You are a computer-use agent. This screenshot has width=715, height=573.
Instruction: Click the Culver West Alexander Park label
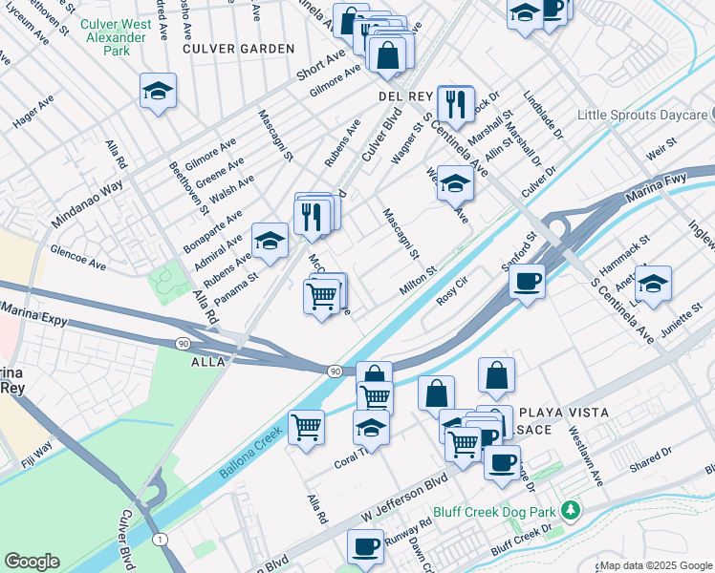pyautogui.click(x=118, y=36)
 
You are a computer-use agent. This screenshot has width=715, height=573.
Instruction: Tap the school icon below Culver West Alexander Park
pyautogui.click(x=159, y=92)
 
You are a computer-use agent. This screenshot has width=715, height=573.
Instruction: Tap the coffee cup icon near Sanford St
pyautogui.click(x=526, y=282)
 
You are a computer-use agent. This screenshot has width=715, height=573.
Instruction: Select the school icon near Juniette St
pyautogui.click(x=653, y=284)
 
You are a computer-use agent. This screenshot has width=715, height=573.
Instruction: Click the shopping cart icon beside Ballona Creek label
pyautogui.click(x=306, y=427)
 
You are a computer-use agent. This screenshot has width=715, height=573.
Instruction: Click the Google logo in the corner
pyautogui.click(x=32, y=562)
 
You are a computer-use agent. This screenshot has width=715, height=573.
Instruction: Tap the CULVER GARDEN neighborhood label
pyautogui.click(x=238, y=48)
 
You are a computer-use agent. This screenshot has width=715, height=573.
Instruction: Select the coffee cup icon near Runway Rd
pyautogui.click(x=365, y=546)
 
